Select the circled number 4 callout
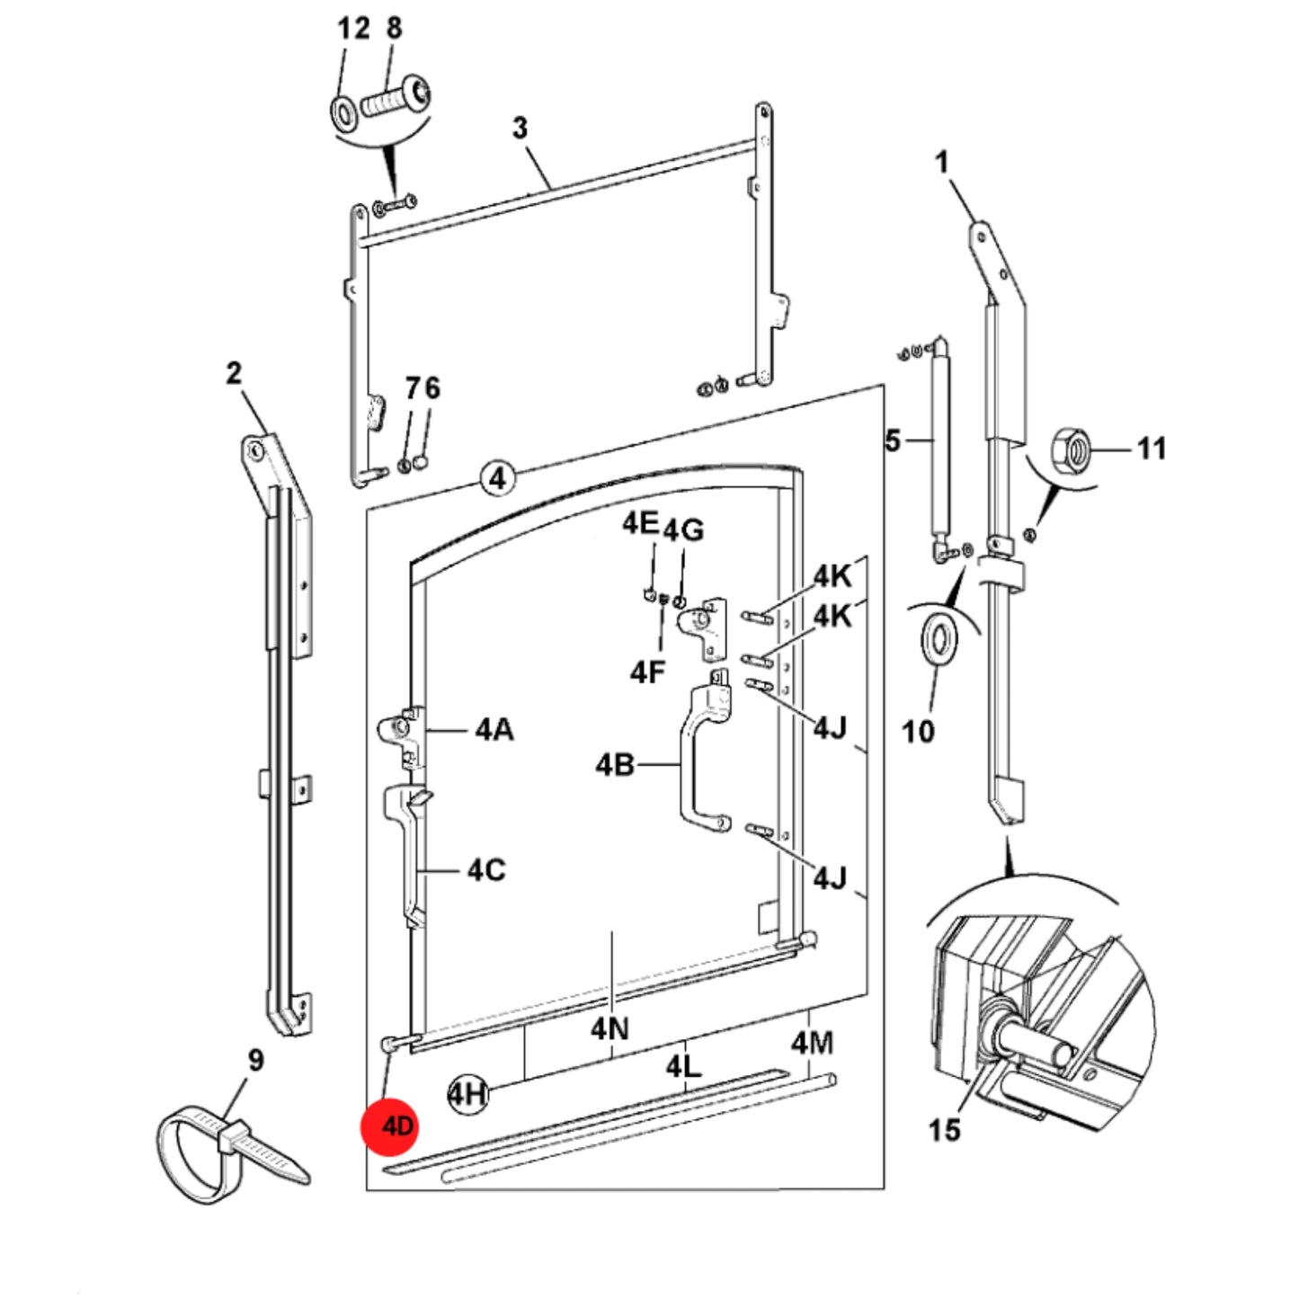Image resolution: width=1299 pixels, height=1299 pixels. [x=497, y=479]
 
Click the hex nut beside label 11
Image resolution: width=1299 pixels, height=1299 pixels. [x=1072, y=448]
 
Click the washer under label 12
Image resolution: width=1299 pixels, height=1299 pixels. [x=344, y=113]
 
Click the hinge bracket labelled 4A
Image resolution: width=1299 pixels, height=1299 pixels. [x=404, y=737]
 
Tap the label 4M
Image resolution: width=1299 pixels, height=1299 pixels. [x=813, y=1044]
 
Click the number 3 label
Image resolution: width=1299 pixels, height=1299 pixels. [x=519, y=128]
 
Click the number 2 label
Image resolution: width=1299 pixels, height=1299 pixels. [x=233, y=373]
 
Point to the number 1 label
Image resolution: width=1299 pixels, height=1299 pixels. [x=942, y=162]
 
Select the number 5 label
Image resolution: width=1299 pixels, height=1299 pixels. [x=893, y=440]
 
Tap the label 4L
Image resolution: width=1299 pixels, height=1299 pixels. [x=683, y=1067]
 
